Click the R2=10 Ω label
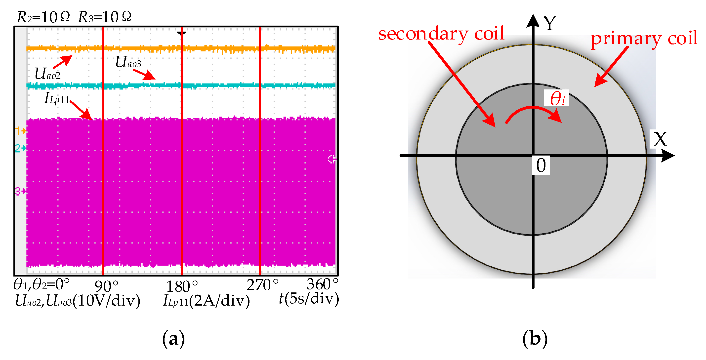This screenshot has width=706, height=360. (x=43, y=17)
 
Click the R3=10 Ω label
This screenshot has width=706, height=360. (x=104, y=17)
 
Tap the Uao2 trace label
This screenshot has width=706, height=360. (x=47, y=74)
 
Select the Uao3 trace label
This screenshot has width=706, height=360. (x=128, y=62)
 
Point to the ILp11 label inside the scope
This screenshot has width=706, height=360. (x=57, y=98)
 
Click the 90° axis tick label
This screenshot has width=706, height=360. (x=106, y=286)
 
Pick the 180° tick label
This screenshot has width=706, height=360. (x=182, y=286)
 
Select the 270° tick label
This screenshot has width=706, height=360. (x=262, y=285)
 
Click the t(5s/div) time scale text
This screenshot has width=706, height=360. (x=309, y=299)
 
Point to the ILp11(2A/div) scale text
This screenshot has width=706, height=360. (x=206, y=301)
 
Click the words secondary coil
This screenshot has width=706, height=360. (x=441, y=34)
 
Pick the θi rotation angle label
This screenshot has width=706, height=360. (x=557, y=98)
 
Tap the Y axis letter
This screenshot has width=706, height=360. (x=549, y=24)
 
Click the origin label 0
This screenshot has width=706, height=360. (x=541, y=165)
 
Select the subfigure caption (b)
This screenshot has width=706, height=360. (x=535, y=339)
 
